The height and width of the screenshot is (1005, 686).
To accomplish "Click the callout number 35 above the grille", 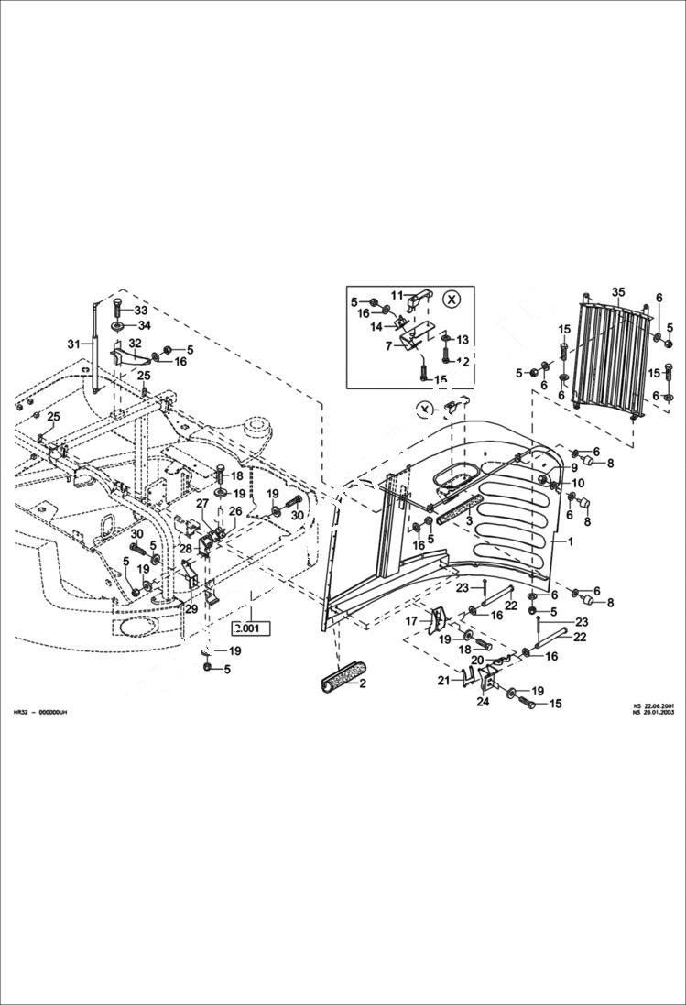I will (x=618, y=292).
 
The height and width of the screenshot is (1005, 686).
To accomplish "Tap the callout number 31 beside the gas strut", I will (x=74, y=344).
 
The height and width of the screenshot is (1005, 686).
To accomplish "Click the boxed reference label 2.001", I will (x=246, y=628).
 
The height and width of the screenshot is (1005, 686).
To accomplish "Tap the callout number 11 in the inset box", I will (x=397, y=295).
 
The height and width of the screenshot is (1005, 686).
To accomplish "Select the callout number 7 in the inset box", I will (x=388, y=345).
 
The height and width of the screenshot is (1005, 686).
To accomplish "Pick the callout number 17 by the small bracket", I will (x=411, y=621).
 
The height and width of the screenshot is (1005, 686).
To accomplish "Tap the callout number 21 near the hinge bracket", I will (x=444, y=680).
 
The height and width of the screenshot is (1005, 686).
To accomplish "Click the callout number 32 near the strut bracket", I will (x=135, y=343).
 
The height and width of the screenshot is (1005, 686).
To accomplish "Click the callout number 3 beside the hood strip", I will (x=470, y=520).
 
